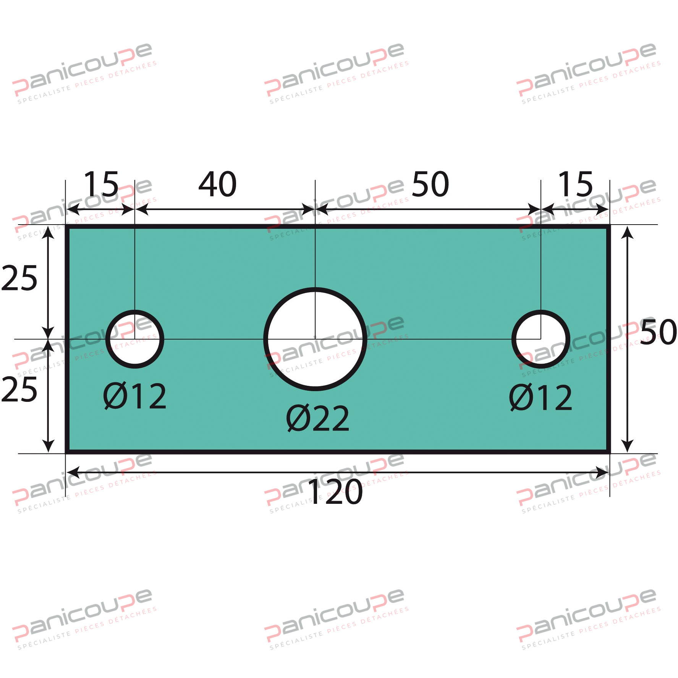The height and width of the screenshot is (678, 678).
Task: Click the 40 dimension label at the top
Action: tap(217, 184)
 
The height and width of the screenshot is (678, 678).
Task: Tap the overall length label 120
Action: tap(335, 492)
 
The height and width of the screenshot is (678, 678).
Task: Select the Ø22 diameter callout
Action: tap(318, 419)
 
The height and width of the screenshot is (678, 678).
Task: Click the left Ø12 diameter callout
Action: tap(135, 396)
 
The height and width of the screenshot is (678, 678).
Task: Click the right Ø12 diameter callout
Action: tap(540, 398)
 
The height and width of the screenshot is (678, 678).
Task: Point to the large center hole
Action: tap(315, 339)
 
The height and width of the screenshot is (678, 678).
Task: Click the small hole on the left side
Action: tap(135, 339)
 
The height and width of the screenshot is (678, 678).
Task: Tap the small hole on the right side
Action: tap(540, 339)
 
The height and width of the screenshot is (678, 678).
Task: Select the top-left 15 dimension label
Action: tap(101, 184)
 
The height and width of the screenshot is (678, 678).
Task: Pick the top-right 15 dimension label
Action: tap(575, 184)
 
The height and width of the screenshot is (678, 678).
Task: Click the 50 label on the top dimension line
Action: tap(430, 184)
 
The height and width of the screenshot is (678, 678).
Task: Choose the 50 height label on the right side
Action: tap(658, 332)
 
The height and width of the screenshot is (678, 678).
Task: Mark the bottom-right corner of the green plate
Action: tap(608, 452)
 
